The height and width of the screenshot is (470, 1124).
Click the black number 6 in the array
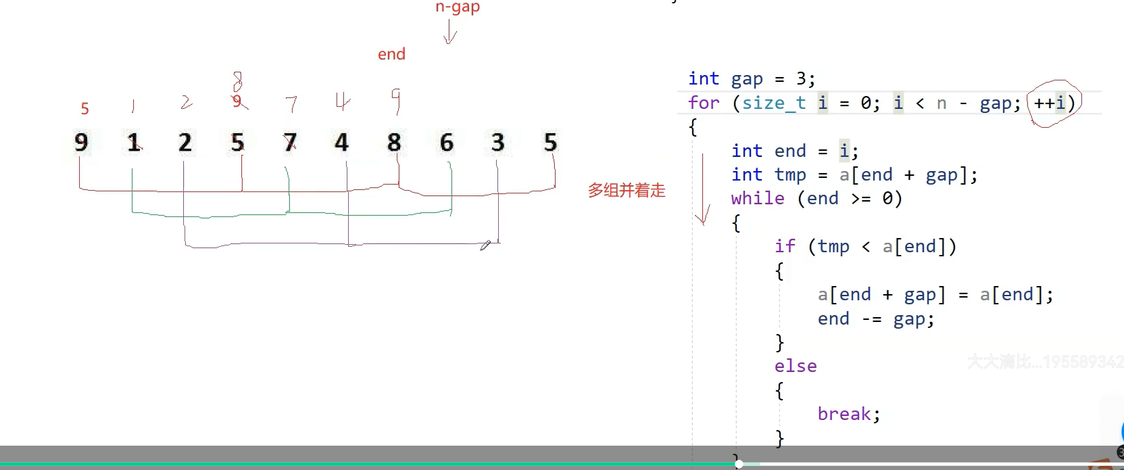[x=446, y=143]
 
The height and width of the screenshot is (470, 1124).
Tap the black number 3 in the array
[x=498, y=143]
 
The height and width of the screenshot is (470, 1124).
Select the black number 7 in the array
[x=290, y=143]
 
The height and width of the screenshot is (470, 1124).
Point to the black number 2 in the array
[x=185, y=143]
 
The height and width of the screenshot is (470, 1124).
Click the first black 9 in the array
[x=81, y=143]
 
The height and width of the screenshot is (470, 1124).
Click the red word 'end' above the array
[x=391, y=54]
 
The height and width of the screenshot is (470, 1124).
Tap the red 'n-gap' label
[x=458, y=7]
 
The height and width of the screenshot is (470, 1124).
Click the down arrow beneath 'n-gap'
[x=449, y=32]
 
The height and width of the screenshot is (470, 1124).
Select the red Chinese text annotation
[x=627, y=191]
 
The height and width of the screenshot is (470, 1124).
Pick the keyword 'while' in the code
[x=758, y=198]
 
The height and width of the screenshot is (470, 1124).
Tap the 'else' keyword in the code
[x=796, y=366]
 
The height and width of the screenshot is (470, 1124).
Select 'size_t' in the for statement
[x=774, y=103]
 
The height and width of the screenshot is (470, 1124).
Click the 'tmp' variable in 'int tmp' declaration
[x=790, y=174]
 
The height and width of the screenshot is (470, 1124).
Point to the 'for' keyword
[x=704, y=103]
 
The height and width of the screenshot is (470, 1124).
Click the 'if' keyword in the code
[x=785, y=246]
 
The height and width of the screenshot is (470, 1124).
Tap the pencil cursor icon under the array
[x=485, y=245]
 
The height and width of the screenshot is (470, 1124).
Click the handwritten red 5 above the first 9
[x=84, y=108]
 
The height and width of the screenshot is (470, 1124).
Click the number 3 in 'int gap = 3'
[x=801, y=78]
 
